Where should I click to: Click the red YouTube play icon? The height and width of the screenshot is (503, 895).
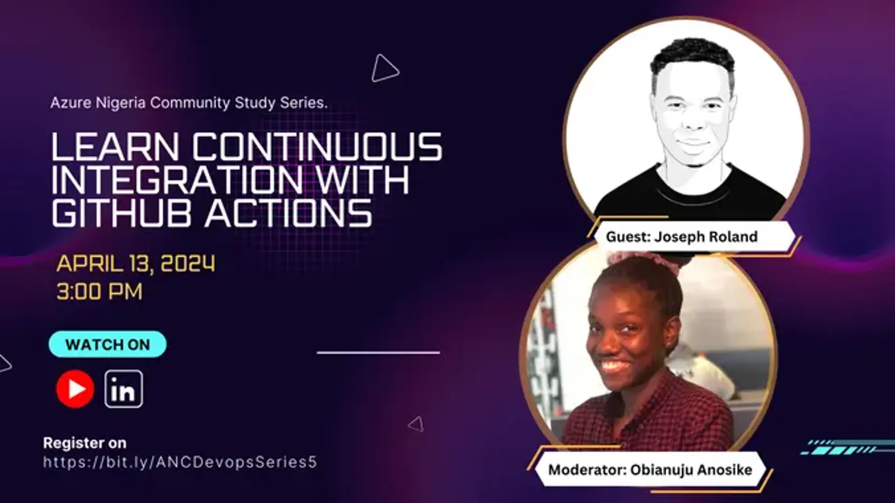(x=75, y=389)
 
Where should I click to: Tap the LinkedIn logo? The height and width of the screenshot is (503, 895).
(x=124, y=389)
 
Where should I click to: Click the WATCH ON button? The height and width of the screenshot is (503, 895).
(x=108, y=345)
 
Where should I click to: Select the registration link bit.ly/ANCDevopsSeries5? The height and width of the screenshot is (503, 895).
(x=180, y=462)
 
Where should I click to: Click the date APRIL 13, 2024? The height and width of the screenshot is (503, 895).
(x=136, y=263)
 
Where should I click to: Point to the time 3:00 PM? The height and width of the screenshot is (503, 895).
(x=99, y=292)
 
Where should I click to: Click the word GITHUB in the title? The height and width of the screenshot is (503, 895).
(x=122, y=213)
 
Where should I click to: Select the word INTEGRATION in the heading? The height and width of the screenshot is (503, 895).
(x=177, y=180)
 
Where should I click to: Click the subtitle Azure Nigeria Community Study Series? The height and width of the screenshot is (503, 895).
(x=189, y=103)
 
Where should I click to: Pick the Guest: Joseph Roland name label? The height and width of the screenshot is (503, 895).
(x=682, y=237)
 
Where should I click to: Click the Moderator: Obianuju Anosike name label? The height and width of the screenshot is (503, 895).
(x=650, y=469)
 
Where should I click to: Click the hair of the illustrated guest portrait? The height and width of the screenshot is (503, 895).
(x=693, y=58)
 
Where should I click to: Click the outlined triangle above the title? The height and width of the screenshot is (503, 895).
(x=385, y=69)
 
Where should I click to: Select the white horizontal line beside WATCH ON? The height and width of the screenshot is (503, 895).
(x=378, y=352)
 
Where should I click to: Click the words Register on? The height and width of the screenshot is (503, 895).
(x=84, y=443)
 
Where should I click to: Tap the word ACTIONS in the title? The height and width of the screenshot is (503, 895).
(x=289, y=213)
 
